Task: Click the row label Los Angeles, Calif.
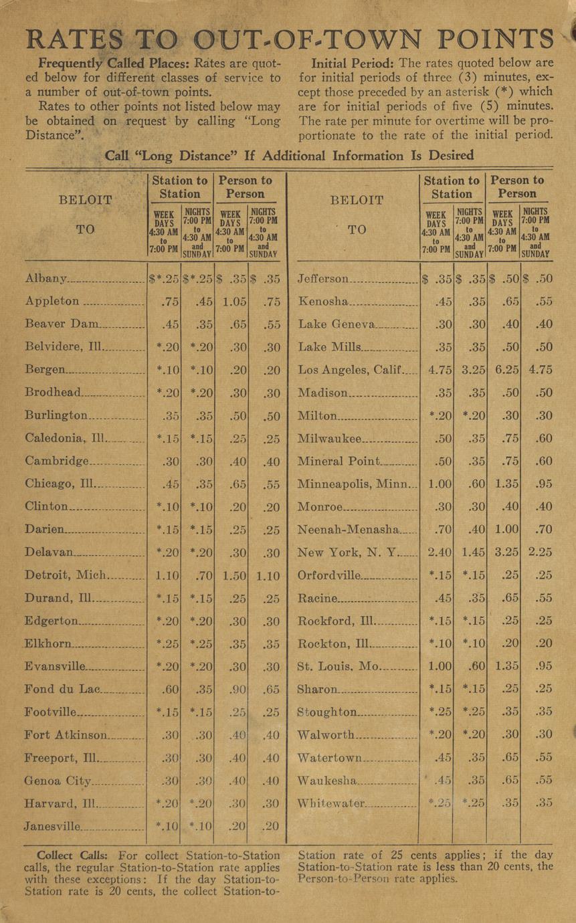[349, 370]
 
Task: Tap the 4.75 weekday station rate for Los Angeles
[438, 370]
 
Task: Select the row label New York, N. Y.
[348, 552]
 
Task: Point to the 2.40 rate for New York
[438, 552]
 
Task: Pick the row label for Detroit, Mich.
[65, 575]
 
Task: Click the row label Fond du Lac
[62, 689]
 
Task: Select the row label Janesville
[53, 826]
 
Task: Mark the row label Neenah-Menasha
[348, 529]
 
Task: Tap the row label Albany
[46, 278]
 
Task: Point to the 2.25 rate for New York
[539, 552]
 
